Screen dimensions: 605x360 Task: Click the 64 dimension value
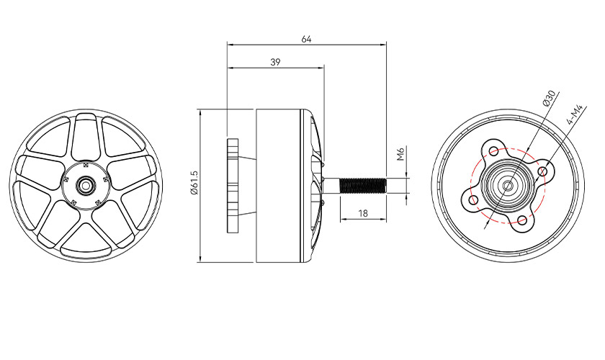[x=306, y=39]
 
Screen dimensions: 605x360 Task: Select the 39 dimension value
[x=275, y=62]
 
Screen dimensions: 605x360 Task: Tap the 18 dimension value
[x=363, y=213]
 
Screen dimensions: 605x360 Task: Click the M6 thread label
[x=400, y=153]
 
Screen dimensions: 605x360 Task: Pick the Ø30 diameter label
[x=548, y=98]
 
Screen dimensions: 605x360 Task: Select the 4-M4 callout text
[x=575, y=114]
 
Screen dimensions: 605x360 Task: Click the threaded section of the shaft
[x=362, y=186]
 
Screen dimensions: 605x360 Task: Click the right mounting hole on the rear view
[x=543, y=171]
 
